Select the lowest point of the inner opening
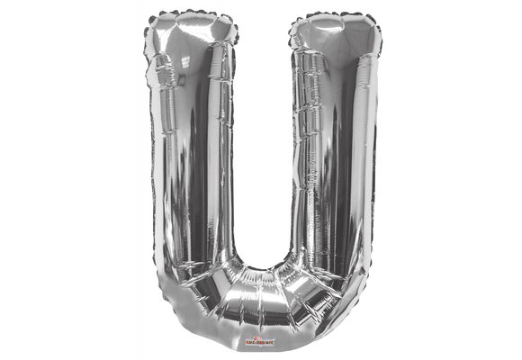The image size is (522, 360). pos(262,267)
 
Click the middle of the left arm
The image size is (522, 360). pos(190,162)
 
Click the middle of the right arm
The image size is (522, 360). pos(334,162)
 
